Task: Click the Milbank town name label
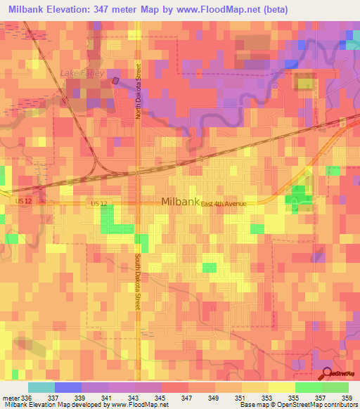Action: point(181,201)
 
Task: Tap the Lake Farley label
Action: point(82,73)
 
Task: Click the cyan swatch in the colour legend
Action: point(41,387)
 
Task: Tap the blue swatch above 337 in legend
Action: point(68,387)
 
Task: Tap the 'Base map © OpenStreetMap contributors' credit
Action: point(297,405)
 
